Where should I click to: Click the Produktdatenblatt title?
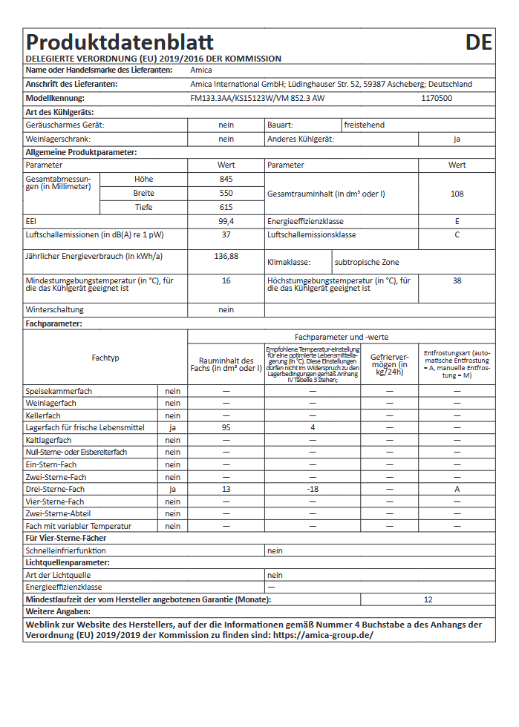tap(120, 42)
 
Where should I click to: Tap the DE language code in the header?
tap(479, 42)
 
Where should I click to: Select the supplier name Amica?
tap(201, 70)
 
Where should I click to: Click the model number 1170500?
tap(437, 98)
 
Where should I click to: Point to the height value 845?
tap(226, 180)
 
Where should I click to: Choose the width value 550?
tap(226, 193)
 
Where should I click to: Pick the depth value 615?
tap(226, 207)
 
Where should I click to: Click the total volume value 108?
tap(457, 194)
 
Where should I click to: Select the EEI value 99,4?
tap(226, 221)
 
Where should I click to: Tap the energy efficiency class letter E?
tap(457, 221)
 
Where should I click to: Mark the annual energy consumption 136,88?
tap(226, 256)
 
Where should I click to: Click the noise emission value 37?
tap(226, 235)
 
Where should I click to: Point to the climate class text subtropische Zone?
tap(368, 262)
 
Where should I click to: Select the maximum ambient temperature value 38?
tap(457, 281)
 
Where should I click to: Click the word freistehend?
tap(365, 125)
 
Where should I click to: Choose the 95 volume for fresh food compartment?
tap(226, 428)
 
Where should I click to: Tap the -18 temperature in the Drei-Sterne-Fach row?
tap(313, 490)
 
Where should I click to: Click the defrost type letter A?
tap(457, 490)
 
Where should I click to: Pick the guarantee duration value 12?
tap(428, 599)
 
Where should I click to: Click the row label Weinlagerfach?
tap(51, 404)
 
